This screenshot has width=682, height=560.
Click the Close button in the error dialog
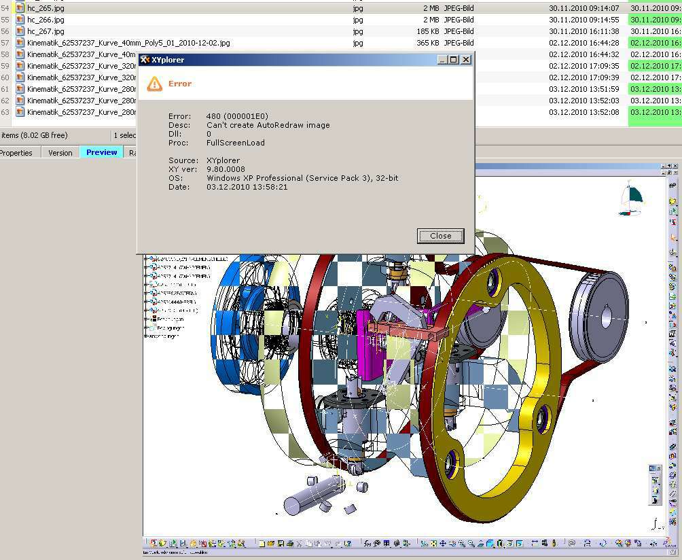coord(440,236)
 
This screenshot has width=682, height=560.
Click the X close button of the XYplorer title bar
coord(466,60)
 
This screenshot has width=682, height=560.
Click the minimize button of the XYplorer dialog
coord(443,60)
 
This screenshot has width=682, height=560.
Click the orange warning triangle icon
coord(155,84)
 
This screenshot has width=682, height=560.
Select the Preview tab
coord(101,152)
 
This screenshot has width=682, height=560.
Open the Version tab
coord(60,153)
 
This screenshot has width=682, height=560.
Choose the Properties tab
coord(16,153)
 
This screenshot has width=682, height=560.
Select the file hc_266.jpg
coord(46,20)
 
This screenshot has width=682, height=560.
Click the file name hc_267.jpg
coord(46,31)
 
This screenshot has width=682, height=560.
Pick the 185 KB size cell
coord(428,31)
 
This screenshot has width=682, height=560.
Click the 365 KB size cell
coord(428,43)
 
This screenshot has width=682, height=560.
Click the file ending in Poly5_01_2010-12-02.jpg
coord(128,43)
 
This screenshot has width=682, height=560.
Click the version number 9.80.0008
coord(226,169)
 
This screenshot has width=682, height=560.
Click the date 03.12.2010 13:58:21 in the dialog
coord(247,187)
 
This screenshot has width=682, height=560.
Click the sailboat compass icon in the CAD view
coord(630,200)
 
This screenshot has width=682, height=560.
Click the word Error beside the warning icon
coord(180,84)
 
